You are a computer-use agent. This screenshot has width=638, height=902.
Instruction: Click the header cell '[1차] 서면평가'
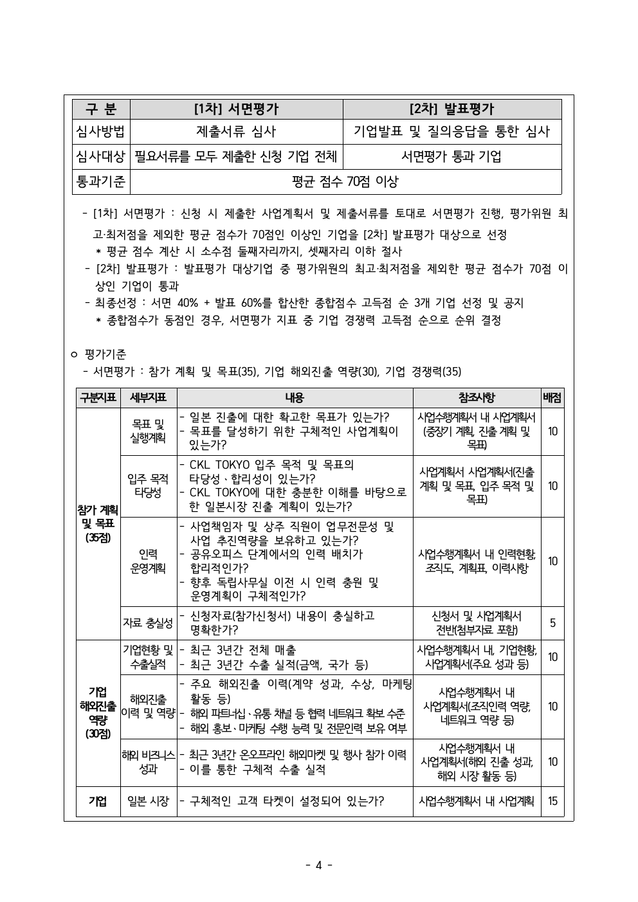pos(236,109)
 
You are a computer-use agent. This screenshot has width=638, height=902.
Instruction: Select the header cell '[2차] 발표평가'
pos(451,109)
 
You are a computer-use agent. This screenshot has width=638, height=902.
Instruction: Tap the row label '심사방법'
pos(101,132)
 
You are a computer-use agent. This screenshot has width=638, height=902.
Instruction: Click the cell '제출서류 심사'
pos(236,132)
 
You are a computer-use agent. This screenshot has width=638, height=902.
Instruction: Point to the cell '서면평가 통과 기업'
pos(451,156)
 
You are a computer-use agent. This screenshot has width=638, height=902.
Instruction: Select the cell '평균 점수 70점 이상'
pos(345,181)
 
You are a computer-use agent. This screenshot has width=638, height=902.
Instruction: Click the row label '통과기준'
pos(101,181)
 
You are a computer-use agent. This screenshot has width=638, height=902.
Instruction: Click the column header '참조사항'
pos(477,398)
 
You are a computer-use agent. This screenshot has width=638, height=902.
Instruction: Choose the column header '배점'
pos(552,398)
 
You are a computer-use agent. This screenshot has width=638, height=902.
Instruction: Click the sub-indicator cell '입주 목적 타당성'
pos(148,485)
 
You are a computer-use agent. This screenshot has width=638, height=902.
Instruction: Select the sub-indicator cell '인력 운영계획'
pos(148,561)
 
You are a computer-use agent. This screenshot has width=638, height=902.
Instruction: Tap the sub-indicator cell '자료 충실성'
pos(148,622)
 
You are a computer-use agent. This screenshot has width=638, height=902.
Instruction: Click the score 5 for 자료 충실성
pos(552,622)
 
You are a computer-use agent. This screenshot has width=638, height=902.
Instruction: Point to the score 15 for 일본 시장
pos(552,801)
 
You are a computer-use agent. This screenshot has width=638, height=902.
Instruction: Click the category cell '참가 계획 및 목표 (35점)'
pos(98,523)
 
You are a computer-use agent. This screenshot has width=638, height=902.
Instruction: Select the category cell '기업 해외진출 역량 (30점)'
pos(98,712)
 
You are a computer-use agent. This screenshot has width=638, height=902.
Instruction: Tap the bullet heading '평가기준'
pos(105,354)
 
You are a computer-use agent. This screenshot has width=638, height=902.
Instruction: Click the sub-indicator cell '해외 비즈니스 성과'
pos(148,762)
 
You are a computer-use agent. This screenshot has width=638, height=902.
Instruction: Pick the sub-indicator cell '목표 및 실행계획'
pos(148,431)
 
